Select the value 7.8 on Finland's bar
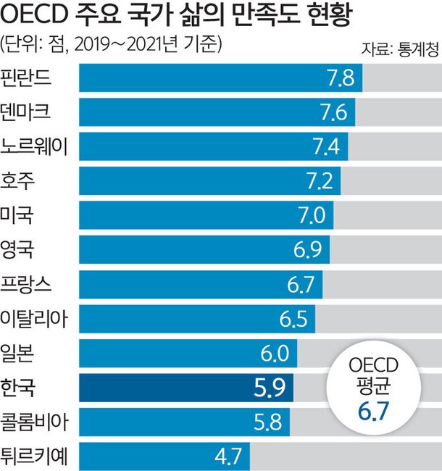click(338, 78)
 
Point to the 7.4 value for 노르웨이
click(324, 146)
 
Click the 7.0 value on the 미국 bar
click(309, 215)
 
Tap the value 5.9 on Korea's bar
click(270, 388)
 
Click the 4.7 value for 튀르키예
click(228, 457)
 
